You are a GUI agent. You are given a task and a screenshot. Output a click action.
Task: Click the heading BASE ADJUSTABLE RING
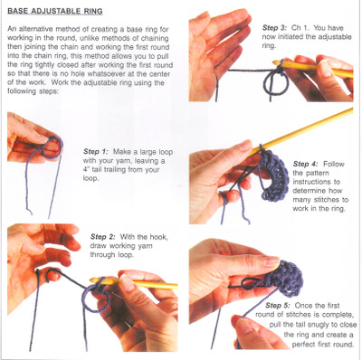click(x=55, y=12)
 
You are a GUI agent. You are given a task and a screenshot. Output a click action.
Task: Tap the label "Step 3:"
click(x=274, y=28)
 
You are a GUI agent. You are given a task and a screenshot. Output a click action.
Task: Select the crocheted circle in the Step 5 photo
click(x=287, y=279)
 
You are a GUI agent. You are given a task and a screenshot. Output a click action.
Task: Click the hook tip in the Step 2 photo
click(x=93, y=280)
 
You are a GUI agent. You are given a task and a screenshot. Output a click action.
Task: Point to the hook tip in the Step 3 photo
click(x=276, y=62)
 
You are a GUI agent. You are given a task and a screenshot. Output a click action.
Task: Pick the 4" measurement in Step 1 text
click(x=86, y=169)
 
